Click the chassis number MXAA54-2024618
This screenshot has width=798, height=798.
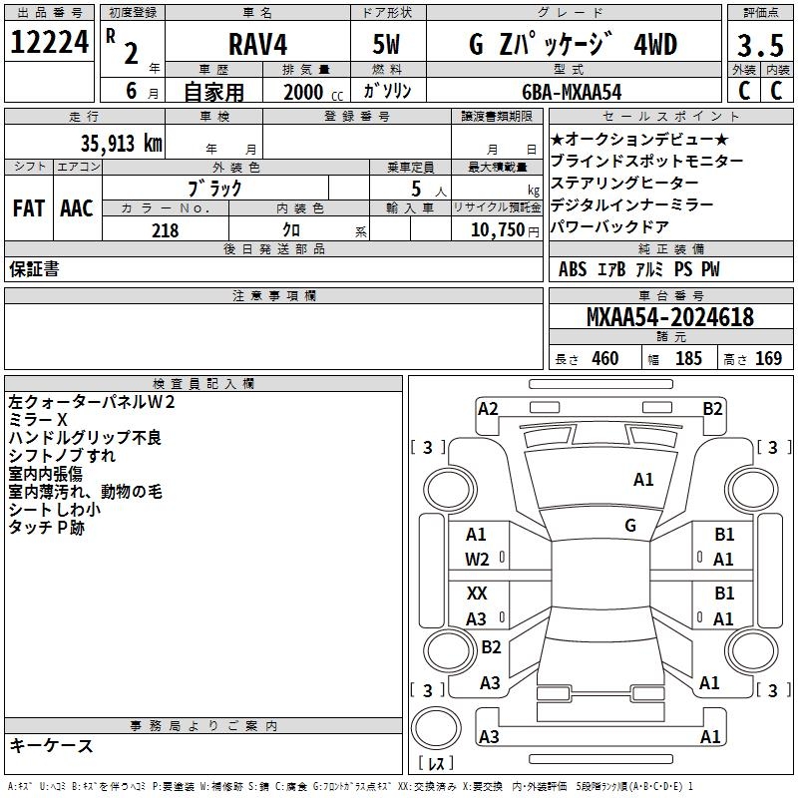tap(670, 318)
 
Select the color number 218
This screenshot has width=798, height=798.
tap(165, 230)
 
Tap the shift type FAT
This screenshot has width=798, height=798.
tap(28, 208)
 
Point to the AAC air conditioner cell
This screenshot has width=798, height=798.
tap(77, 208)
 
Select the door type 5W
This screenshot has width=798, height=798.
tap(387, 44)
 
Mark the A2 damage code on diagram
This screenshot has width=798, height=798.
tap(488, 408)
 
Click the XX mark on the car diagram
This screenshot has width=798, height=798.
tap(477, 594)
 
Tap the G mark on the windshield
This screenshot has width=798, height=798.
tap(630, 525)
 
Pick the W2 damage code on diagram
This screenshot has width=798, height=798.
tap(478, 560)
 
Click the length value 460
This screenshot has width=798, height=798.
tap(603, 358)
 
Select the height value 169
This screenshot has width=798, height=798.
tap(768, 358)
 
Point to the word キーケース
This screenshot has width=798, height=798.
tap(52, 745)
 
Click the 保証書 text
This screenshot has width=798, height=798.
tap(34, 268)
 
